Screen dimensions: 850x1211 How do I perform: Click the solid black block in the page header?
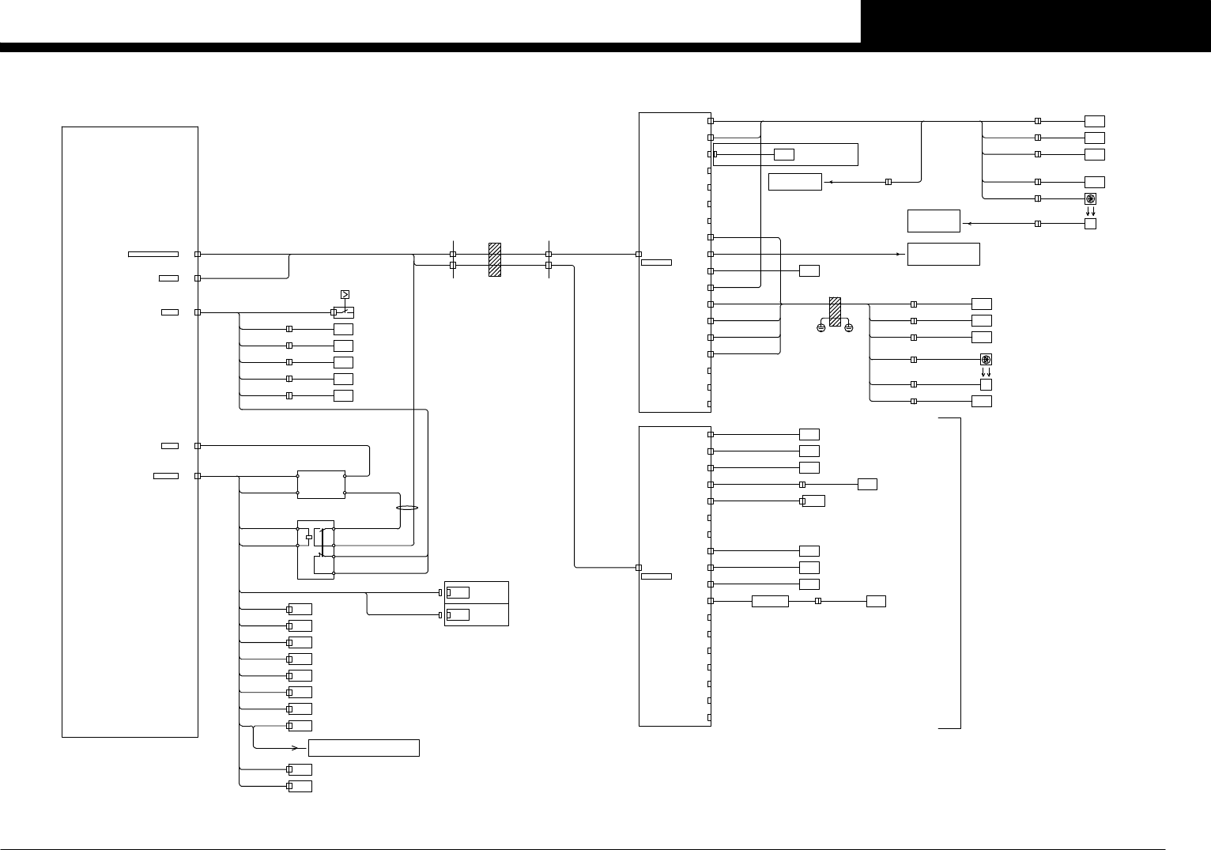[x=1036, y=21]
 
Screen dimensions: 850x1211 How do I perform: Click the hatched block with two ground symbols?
[x=834, y=310]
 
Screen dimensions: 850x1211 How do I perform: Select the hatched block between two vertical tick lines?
[x=495, y=259]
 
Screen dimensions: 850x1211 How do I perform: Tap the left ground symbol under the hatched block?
[x=821, y=327]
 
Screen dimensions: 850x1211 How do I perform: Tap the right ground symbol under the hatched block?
[x=848, y=327]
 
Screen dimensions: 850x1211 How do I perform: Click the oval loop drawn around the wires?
[x=406, y=508]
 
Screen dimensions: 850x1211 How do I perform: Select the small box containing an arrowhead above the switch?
[x=345, y=295]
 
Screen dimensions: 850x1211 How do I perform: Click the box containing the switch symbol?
[x=344, y=312]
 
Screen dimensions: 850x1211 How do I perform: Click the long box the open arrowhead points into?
[x=364, y=747]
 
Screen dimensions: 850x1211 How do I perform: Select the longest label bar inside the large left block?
[x=153, y=254]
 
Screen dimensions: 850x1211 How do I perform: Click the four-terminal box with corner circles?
[x=321, y=485]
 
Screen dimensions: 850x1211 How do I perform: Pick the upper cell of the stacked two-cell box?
[x=476, y=592]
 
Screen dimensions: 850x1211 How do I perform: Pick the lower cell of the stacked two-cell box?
[x=476, y=614]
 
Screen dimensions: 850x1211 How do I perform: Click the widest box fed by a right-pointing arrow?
[x=944, y=254]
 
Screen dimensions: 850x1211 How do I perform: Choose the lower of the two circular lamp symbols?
[x=986, y=360]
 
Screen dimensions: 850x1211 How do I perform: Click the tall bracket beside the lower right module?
[x=959, y=572]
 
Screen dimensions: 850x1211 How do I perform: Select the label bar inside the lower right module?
[x=656, y=576]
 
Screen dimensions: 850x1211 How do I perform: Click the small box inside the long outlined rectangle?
[x=783, y=153]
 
